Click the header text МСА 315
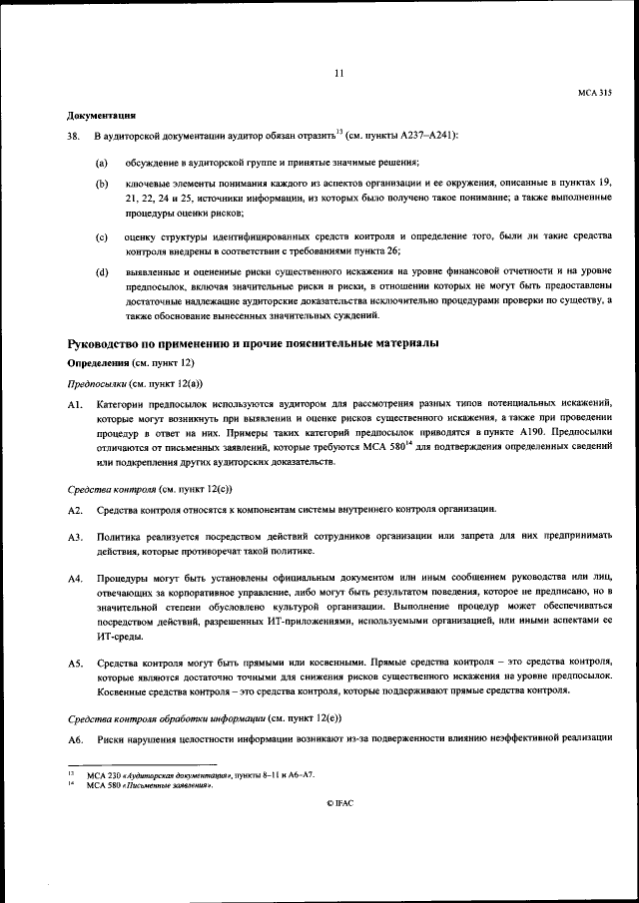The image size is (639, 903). point(594,93)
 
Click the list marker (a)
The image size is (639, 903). point(101,163)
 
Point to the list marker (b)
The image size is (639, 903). point(101,185)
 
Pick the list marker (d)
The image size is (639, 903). point(101,271)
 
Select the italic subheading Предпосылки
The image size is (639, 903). point(98,382)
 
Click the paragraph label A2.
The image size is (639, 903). point(74,510)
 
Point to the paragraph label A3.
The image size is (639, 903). point(74,537)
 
